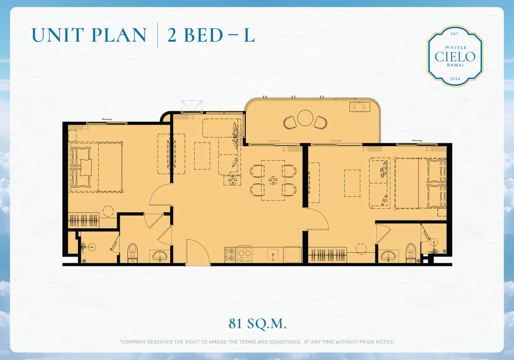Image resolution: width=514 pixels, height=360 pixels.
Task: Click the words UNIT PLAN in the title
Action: point(89,36)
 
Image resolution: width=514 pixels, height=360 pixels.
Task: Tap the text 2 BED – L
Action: point(211,36)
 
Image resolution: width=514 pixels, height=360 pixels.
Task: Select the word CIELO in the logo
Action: point(455,57)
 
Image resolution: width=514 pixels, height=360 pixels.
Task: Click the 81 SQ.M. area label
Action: point(257,324)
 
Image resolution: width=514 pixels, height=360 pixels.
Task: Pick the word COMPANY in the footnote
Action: point(136,342)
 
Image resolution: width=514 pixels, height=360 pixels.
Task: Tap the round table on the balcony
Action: point(305,118)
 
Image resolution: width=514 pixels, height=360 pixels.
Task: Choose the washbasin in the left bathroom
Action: point(161,256)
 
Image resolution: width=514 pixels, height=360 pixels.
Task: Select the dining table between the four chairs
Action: point(273,180)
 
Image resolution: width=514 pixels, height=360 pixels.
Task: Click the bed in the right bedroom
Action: point(420,183)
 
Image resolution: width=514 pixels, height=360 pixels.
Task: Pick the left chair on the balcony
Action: point(290,123)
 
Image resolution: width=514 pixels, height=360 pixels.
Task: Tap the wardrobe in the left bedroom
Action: point(84,221)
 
